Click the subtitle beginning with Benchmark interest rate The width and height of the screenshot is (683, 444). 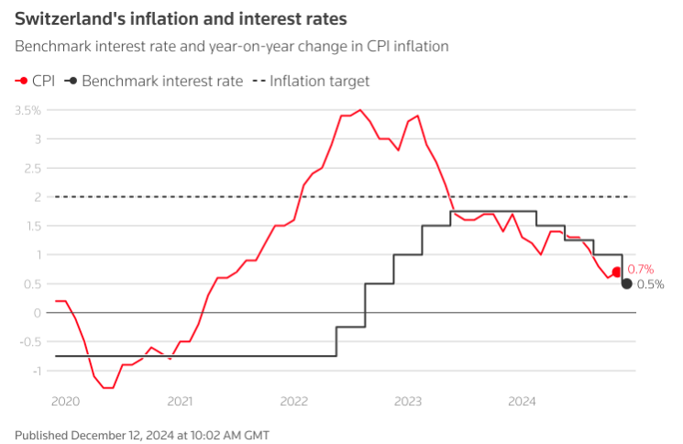click(x=232, y=45)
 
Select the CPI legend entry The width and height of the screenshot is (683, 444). click(x=36, y=81)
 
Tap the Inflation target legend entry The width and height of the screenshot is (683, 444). click(x=311, y=81)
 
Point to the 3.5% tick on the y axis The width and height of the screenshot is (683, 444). click(x=28, y=110)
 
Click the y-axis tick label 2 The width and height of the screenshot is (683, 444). click(x=38, y=196)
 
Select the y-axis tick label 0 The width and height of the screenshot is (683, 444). click(x=38, y=313)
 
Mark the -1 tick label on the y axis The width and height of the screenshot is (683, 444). click(x=35, y=371)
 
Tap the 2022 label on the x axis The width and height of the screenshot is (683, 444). click(x=293, y=401)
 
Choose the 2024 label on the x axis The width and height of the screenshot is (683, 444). click(x=522, y=401)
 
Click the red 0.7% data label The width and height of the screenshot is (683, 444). click(x=641, y=269)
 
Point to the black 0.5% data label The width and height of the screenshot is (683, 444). click(x=650, y=284)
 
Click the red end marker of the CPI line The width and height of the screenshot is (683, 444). click(x=617, y=272)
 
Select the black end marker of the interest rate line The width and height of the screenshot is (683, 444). click(x=626, y=283)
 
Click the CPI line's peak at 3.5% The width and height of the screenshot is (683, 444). click(x=359, y=110)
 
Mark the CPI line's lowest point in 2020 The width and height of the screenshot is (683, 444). click(x=107, y=388)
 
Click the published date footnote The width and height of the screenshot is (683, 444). click(x=142, y=434)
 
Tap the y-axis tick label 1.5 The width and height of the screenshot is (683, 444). click(x=32, y=226)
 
